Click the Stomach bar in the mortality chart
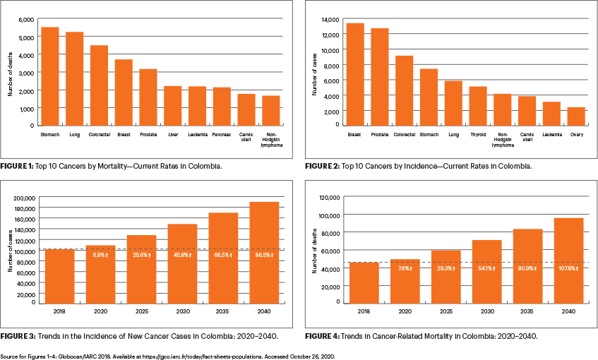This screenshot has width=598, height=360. point(50,76)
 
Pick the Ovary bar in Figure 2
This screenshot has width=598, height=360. point(577,116)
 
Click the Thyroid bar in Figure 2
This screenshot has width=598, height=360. point(478,106)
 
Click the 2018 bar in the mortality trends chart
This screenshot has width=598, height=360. point(364,282)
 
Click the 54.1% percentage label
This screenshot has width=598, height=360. point(486,269)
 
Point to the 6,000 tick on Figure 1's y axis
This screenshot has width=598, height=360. point(25,19)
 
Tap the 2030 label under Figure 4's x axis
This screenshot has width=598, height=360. point(486,310)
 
